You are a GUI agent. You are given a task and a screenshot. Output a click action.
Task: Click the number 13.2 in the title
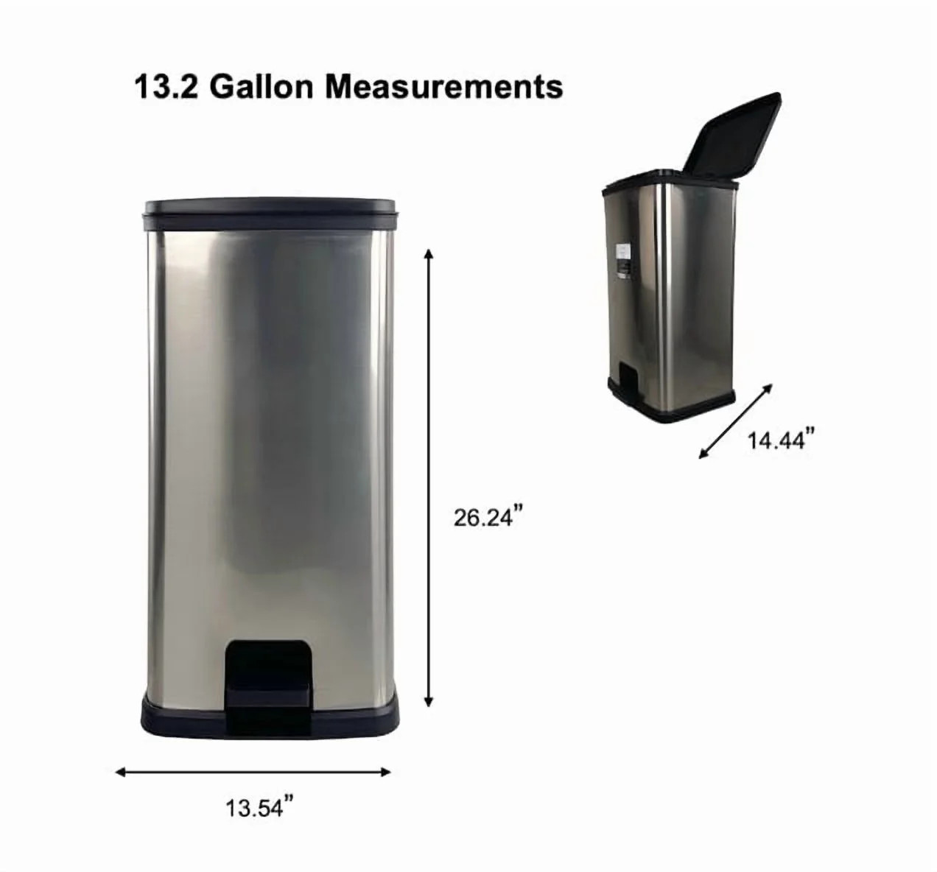click(166, 88)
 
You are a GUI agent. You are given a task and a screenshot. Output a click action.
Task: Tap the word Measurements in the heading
click(444, 88)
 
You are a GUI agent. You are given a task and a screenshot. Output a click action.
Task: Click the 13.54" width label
click(254, 809)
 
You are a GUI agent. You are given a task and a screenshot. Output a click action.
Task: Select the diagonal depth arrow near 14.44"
click(736, 421)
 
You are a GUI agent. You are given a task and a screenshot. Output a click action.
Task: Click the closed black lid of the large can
click(269, 208)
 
